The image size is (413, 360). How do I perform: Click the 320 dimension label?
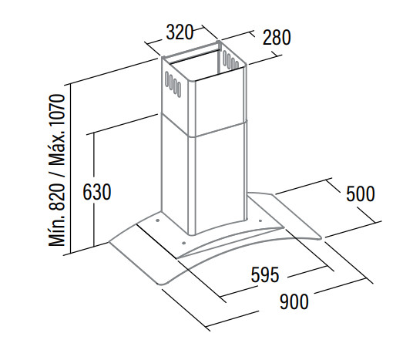180,32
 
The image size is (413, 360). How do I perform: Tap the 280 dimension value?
277,38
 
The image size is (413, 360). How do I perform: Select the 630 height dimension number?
97,192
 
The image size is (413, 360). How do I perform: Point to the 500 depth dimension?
361,193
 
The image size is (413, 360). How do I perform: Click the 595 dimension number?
265,274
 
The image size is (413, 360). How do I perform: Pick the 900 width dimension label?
294,301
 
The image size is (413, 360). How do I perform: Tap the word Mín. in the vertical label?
56,230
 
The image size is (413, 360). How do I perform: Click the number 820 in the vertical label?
56,197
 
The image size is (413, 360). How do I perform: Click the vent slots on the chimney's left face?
173,83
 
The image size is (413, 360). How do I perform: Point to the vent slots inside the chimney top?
230,60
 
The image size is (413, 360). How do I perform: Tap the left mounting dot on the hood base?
157,220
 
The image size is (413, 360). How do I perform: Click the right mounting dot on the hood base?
260,220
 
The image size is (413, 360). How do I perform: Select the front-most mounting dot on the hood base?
184,243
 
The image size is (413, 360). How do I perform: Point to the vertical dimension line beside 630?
94,190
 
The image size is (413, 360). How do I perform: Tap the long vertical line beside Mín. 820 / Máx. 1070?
71,169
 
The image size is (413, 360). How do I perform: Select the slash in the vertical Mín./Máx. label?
56,174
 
